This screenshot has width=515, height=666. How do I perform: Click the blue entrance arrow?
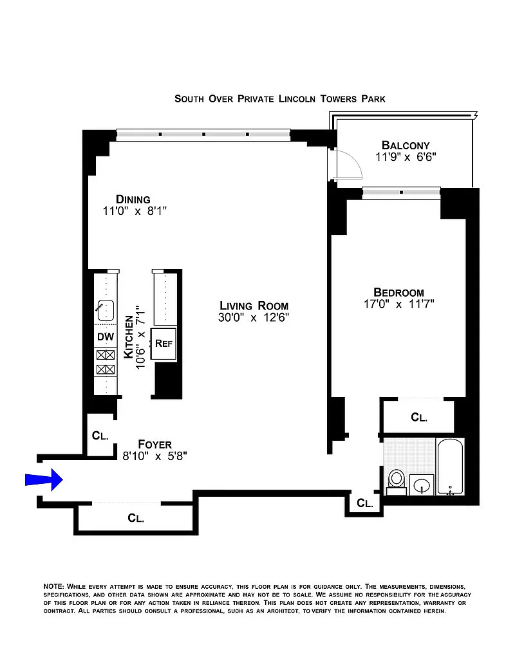click(x=44, y=479)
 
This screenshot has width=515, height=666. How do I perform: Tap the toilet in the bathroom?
click(x=397, y=482)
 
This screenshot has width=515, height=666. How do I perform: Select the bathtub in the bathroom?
click(x=450, y=467)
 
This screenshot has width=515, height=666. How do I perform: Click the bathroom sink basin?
click(x=422, y=485)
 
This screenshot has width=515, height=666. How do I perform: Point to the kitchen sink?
click(x=106, y=310)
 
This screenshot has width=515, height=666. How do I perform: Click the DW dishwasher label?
click(x=106, y=337)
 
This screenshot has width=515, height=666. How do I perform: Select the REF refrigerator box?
click(x=164, y=344)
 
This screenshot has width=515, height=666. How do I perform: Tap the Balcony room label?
click(x=406, y=145)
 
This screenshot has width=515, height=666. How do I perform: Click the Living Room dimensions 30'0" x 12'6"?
click(x=254, y=317)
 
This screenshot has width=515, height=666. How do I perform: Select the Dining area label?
click(x=133, y=199)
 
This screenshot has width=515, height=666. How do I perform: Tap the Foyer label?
click(x=154, y=444)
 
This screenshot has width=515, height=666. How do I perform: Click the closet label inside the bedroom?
click(x=419, y=417)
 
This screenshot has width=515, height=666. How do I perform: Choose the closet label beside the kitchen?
click(x=100, y=436)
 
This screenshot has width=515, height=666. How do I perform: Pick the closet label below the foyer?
click(x=136, y=518)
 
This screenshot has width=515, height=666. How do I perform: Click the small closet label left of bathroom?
click(x=364, y=503)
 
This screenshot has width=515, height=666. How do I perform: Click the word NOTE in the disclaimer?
click(x=53, y=586)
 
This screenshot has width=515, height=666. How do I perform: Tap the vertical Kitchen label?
click(x=128, y=337)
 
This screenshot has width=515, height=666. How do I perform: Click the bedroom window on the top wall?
click(x=401, y=192)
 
